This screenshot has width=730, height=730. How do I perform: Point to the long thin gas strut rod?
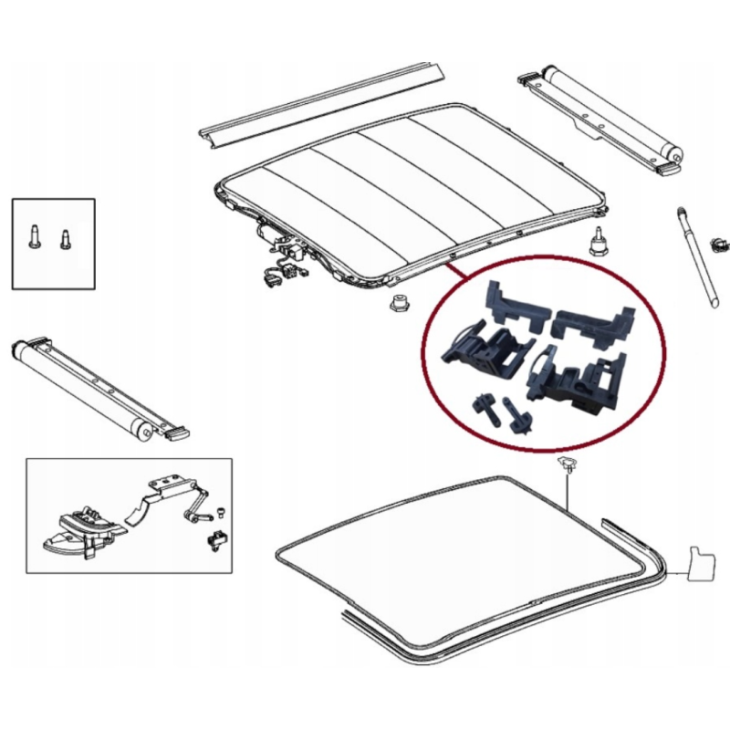(x=697, y=260)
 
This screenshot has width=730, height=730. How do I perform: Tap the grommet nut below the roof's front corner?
(x=398, y=303)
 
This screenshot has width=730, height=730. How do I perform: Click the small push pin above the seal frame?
(x=567, y=465)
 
